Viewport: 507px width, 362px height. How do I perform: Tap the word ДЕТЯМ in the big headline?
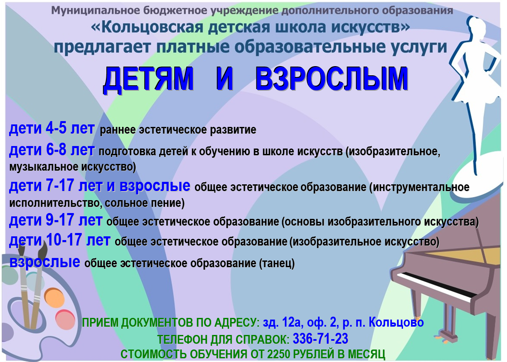click(x=148, y=79)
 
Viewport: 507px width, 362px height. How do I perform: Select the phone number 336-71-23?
click(x=320, y=339)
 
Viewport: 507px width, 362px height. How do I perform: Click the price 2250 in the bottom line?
click(x=278, y=354)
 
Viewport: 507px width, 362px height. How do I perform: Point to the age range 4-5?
click(x=56, y=128)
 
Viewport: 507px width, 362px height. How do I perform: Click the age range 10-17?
click(x=64, y=240)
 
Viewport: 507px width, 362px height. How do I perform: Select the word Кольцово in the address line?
click(x=396, y=322)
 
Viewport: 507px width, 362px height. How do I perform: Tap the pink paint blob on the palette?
click(x=65, y=320)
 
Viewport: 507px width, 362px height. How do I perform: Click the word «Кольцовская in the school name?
click(x=147, y=27)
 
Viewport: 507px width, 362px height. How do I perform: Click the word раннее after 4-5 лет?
click(x=117, y=130)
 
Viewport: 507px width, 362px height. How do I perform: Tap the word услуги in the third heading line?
click(x=419, y=47)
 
